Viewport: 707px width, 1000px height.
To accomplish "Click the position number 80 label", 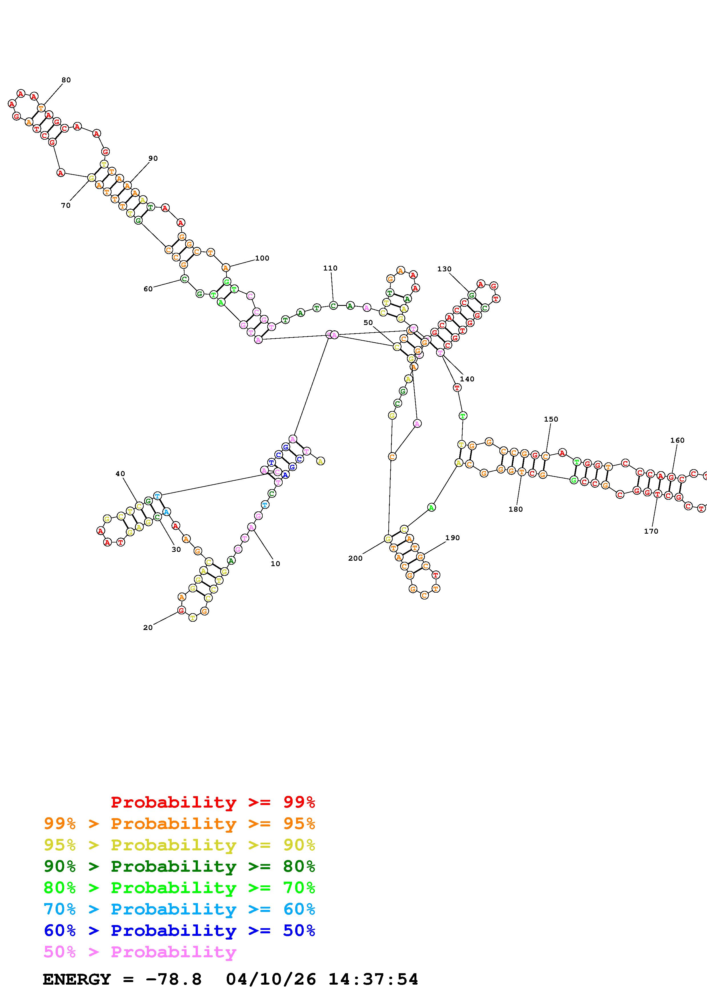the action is tap(66, 80).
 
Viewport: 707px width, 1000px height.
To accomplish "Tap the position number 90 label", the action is tap(153, 158).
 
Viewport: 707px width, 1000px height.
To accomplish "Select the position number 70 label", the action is tap(66, 206).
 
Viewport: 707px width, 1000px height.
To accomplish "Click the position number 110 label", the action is tap(330, 268).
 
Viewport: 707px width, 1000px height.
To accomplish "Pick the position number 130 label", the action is tap(444, 269).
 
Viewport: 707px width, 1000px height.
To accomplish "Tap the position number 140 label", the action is tap(467, 379).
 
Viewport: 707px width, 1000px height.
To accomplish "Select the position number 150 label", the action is tap(551, 419).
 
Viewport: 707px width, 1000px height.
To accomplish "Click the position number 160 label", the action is tap(677, 440).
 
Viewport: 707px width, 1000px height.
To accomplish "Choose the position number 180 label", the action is tap(515, 509).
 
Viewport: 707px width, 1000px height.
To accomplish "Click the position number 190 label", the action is tap(453, 538).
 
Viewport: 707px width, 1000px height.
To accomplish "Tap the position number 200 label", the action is tap(355, 558).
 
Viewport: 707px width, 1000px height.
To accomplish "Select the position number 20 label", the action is tap(148, 628).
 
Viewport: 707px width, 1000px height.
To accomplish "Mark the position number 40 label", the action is tap(120, 474).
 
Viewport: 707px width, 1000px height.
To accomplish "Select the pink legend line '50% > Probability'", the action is tap(140, 952).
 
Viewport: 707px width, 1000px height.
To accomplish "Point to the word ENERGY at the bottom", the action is tap(77, 979).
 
